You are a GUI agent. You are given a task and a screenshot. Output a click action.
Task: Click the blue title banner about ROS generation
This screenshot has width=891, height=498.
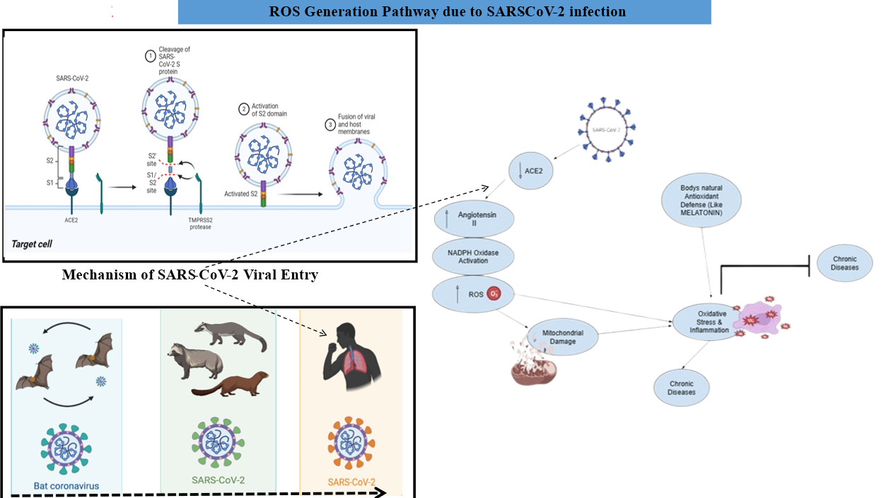444,12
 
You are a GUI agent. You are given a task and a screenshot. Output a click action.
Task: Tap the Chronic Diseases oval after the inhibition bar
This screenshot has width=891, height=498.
844,263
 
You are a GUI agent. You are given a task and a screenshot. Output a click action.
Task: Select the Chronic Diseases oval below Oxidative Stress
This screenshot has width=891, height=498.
682,388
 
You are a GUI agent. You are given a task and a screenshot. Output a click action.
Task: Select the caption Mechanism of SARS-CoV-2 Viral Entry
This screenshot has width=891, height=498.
190,274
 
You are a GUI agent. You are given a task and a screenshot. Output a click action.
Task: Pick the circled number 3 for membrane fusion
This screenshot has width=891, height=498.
330,125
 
